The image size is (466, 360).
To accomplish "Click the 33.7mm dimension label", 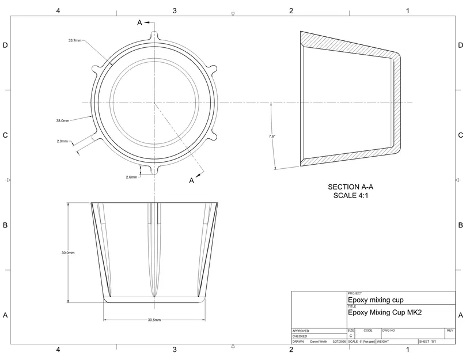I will (x=75, y=41).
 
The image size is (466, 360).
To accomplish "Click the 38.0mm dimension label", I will (x=63, y=121).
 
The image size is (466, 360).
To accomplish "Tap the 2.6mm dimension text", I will (x=131, y=177).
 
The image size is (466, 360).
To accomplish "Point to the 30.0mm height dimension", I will (x=69, y=253).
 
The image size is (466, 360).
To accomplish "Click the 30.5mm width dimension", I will (x=154, y=320).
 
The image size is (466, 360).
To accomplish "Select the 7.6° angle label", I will (x=272, y=136).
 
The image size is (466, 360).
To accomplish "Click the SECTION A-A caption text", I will (x=351, y=187).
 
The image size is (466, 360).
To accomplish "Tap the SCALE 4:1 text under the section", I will (x=351, y=196).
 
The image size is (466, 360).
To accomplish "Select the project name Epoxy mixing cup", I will (x=376, y=300).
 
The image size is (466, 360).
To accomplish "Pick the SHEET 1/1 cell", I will (x=427, y=342).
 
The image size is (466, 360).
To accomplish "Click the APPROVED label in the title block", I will (x=301, y=331).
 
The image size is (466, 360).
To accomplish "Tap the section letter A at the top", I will (x=139, y=22).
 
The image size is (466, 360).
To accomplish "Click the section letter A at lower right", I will (x=192, y=181).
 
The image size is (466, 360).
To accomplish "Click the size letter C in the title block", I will (x=351, y=336).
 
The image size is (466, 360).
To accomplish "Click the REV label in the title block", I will (x=450, y=331).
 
